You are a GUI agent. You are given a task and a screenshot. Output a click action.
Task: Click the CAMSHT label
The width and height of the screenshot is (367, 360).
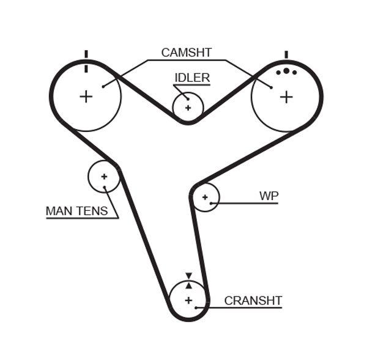pyautogui.click(x=186, y=53)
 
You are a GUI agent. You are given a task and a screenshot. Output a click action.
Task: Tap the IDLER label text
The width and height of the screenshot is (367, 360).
pyautogui.click(x=192, y=78)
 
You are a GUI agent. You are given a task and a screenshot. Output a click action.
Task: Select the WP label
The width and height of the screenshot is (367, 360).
pyautogui.click(x=269, y=196)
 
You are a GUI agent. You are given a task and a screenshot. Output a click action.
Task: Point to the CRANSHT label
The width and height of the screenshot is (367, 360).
pyautogui.click(x=253, y=301)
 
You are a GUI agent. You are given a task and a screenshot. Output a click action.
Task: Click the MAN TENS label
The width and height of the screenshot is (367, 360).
pyautogui.click(x=76, y=211)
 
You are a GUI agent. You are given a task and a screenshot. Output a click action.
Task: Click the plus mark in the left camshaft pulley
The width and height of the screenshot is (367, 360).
pyautogui.click(x=86, y=96)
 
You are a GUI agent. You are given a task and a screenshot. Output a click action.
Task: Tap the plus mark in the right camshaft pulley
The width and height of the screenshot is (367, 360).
pyautogui.click(x=286, y=97)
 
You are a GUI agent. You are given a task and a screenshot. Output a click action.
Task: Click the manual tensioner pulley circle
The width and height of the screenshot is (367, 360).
pyautogui.click(x=103, y=176)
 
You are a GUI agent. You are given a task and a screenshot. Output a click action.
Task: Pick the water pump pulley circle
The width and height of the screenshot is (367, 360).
pyautogui.click(x=205, y=197)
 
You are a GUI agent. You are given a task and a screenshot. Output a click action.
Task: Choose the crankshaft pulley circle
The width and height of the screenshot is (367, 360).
pyautogui.click(x=188, y=300)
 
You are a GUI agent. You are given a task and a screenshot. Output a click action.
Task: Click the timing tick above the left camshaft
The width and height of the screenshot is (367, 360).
pyautogui.click(x=86, y=54)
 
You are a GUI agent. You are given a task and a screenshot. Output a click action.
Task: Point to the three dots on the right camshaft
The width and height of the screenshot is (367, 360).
pyautogui.click(x=286, y=72)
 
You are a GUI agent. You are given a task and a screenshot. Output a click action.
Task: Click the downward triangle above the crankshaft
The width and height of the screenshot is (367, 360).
pyautogui.click(x=188, y=276)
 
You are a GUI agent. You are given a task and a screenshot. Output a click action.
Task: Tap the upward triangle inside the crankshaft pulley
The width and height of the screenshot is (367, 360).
pyautogui.click(x=188, y=285)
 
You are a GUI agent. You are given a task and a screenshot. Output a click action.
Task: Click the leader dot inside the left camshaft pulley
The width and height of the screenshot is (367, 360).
pyautogui.click(x=103, y=86)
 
